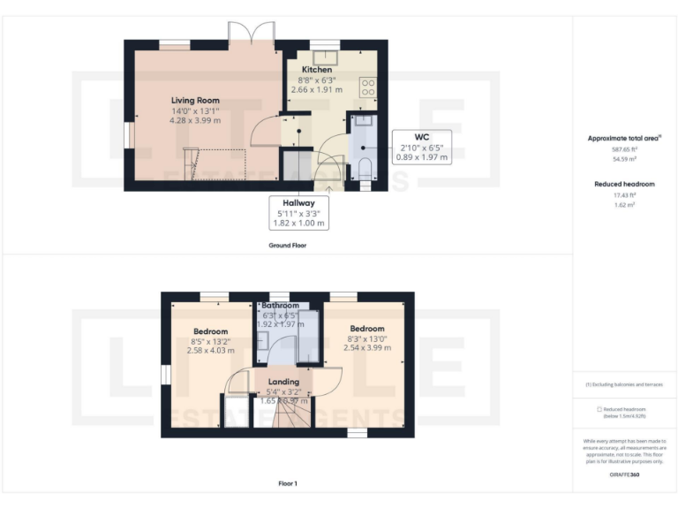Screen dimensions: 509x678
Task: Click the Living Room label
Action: pyautogui.click(x=195, y=100)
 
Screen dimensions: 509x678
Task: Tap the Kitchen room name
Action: pyautogui.click(x=317, y=69)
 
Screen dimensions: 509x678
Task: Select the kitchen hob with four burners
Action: pyautogui.click(x=368, y=87)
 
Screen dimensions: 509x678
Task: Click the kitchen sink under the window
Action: pyautogui.click(x=325, y=53)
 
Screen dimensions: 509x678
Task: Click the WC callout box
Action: pyautogui.click(x=420, y=147)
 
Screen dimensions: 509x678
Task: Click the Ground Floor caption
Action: pyautogui.click(x=287, y=245)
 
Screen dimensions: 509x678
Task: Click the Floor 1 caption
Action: pyautogui.click(x=287, y=483)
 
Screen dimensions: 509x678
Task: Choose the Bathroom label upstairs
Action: pyautogui.click(x=281, y=306)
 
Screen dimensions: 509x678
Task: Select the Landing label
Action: pyautogui.click(x=283, y=382)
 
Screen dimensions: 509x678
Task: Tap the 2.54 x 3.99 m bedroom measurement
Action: pyautogui.click(x=366, y=347)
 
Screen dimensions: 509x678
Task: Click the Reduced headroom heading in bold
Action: pyautogui.click(x=624, y=184)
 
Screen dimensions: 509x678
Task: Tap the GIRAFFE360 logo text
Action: pyautogui.click(x=624, y=475)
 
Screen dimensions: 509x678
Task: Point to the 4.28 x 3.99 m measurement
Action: pyautogui.click(x=195, y=120)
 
